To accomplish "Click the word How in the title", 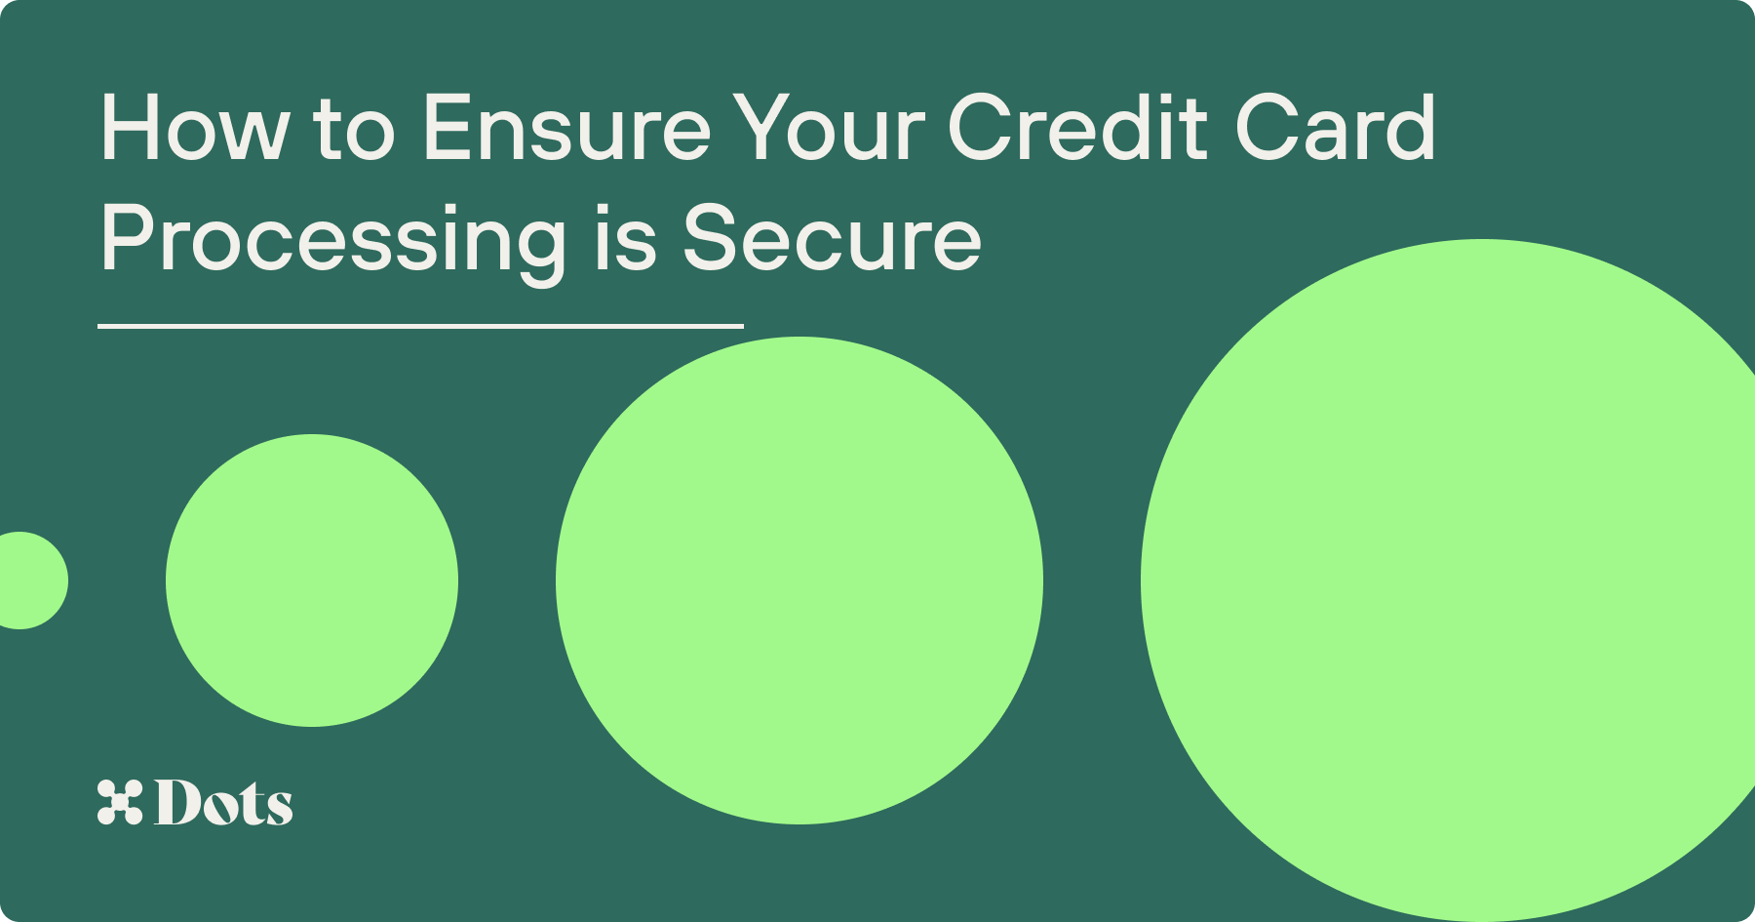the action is tap(195, 127).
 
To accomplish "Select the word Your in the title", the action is tap(828, 127).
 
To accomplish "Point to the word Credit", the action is tap(1077, 127).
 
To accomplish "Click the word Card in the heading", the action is tap(1335, 127).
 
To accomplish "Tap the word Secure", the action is tap(832, 238).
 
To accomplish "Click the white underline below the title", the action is tap(420, 326).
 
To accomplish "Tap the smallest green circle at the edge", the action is tap(25, 581).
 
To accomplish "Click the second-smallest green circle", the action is tap(312, 581).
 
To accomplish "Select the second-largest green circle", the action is tap(799, 581).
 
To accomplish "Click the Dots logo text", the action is tap(223, 802).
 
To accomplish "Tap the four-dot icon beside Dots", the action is tap(120, 802).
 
